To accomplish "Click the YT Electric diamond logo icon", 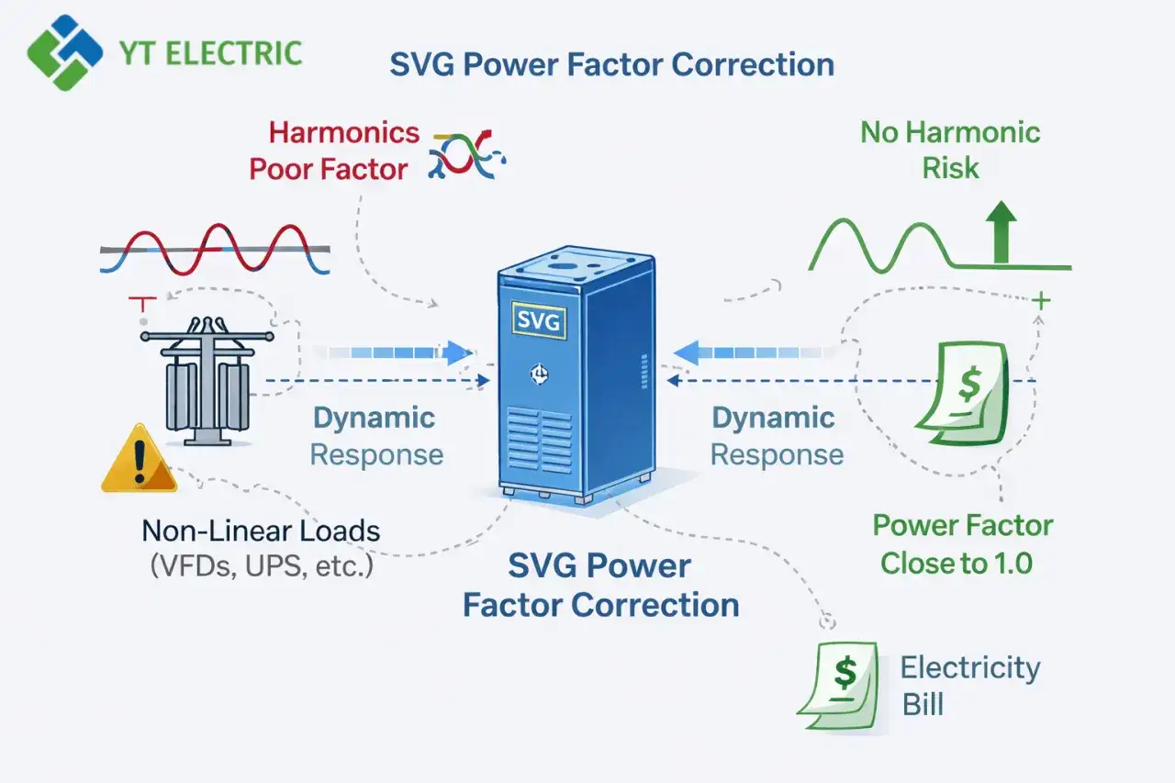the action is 65,53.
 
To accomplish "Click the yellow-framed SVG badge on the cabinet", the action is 539,320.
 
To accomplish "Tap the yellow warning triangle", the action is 139,458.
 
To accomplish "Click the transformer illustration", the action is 207,381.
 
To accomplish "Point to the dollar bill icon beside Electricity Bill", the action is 838,686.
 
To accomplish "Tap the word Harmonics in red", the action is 344,133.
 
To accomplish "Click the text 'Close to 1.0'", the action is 957,564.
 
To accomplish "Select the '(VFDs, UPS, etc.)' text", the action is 262,566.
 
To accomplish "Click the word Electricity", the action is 970,668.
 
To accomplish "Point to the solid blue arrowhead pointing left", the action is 686,352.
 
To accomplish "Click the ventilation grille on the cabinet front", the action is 539,441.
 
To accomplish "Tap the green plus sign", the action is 1041,301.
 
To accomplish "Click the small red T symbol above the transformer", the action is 142,304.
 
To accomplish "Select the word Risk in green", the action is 950,168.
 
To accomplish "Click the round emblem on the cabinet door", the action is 539,374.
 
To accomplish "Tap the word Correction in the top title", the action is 753,65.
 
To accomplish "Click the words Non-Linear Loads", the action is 261,531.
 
